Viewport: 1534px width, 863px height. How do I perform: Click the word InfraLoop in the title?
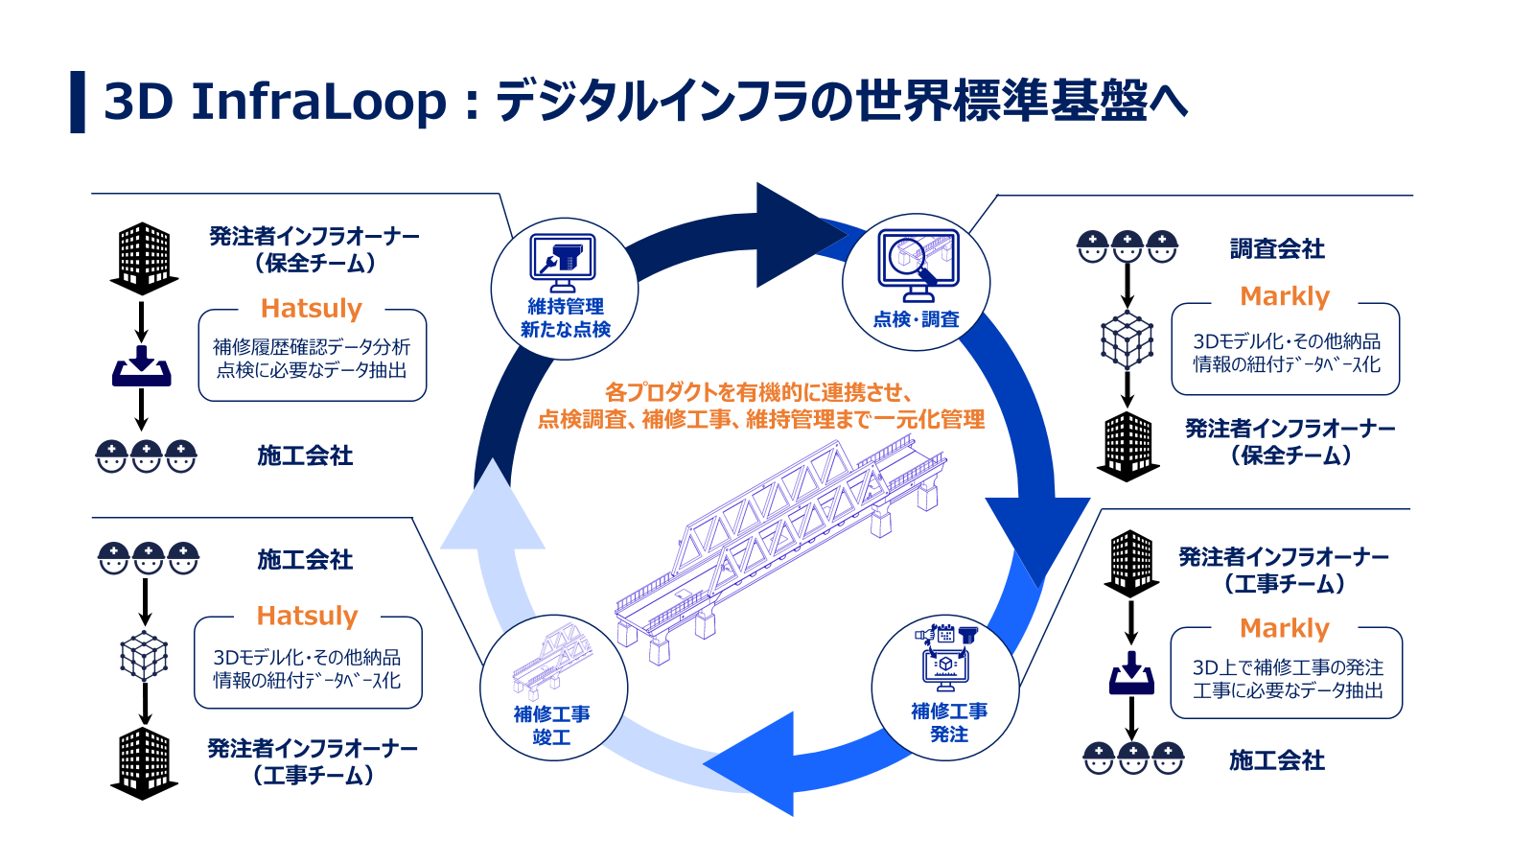[x=318, y=102]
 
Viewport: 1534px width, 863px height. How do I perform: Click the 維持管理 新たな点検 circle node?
[x=565, y=288]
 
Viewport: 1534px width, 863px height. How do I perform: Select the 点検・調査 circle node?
[x=916, y=282]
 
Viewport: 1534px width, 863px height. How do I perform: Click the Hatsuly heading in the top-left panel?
[x=311, y=309]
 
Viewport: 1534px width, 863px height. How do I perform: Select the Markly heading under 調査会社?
[x=1284, y=296]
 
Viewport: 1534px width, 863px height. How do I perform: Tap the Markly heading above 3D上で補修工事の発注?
[x=1284, y=628]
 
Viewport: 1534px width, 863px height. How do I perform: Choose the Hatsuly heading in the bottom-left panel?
[x=307, y=616]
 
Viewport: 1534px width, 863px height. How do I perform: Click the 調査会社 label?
[x=1277, y=249]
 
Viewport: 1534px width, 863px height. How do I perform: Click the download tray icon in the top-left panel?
[x=142, y=366]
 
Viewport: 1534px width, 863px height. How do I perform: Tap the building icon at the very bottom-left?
[x=144, y=762]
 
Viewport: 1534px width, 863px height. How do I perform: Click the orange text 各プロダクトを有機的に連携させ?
[x=757, y=392]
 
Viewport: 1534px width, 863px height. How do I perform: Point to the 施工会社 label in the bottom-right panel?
[x=1277, y=760]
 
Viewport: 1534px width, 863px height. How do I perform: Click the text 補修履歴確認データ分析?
[x=312, y=346]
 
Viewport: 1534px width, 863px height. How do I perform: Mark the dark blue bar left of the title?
[x=78, y=102]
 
